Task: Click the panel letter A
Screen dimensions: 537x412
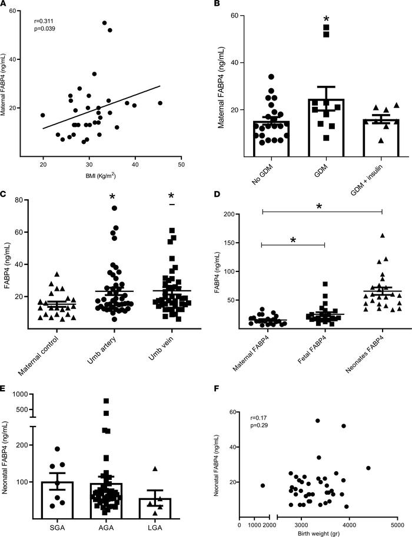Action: [x=5, y=5]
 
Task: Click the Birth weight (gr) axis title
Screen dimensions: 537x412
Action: [x=317, y=533]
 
